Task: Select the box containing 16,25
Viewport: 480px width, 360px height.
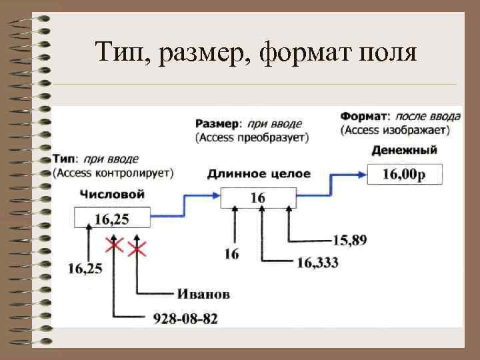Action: pyautogui.click(x=112, y=218)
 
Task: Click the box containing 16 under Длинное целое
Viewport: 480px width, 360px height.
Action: pyautogui.click(x=257, y=198)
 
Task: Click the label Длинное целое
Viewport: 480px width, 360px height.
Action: pyautogui.click(x=259, y=174)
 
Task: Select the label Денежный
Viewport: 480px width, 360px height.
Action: pyautogui.click(x=404, y=150)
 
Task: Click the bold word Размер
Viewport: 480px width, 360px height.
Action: pyautogui.click(x=217, y=124)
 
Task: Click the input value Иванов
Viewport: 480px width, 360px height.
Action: pyautogui.click(x=204, y=294)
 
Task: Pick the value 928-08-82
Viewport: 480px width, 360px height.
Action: pyautogui.click(x=185, y=319)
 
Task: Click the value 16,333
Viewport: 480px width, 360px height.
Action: pyautogui.click(x=317, y=263)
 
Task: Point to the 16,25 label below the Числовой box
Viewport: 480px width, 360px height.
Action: pyautogui.click(x=85, y=269)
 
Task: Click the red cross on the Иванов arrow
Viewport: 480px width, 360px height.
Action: pyautogui.click(x=137, y=249)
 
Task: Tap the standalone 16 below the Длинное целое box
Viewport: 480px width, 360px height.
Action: pyautogui.click(x=232, y=255)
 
